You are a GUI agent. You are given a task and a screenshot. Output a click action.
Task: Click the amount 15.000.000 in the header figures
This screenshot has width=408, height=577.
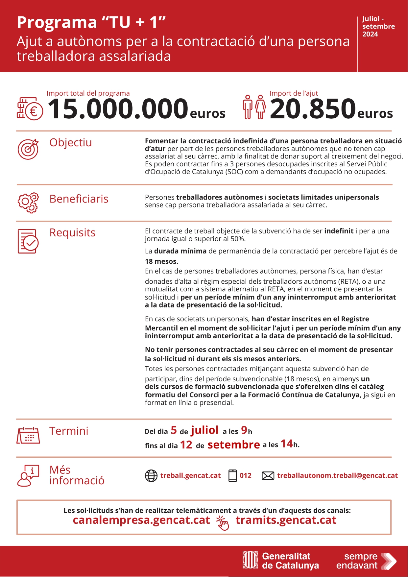click(118, 109)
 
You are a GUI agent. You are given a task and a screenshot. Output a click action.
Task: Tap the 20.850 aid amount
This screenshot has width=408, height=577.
click(313, 109)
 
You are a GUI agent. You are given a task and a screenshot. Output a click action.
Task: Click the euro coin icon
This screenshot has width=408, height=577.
click(30, 109)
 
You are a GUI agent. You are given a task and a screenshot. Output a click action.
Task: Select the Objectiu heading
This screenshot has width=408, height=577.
click(71, 143)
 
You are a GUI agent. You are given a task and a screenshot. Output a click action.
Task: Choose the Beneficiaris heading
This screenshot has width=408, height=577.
click(79, 199)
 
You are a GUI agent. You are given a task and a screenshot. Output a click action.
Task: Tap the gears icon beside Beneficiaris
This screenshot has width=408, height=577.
click(28, 203)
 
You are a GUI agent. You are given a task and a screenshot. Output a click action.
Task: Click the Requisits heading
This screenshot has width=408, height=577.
click(72, 233)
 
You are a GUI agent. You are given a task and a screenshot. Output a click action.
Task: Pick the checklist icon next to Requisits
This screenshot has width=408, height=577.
click(28, 241)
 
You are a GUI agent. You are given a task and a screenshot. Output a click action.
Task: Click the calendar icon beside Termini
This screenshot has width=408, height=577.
click(28, 435)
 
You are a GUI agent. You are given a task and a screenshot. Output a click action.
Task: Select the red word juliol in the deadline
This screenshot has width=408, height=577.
click(204, 430)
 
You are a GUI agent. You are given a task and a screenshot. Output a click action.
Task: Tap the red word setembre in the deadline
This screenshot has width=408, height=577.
click(234, 445)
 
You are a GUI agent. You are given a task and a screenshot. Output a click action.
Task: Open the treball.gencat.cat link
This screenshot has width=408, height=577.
click(190, 476)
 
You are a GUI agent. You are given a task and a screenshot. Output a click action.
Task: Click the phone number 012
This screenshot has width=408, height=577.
click(245, 476)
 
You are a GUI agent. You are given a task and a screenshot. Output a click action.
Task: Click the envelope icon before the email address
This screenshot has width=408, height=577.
click(268, 476)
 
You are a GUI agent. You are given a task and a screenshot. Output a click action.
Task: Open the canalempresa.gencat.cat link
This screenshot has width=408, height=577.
click(141, 520)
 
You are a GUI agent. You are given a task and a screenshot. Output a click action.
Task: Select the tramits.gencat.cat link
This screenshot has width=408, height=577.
click(286, 520)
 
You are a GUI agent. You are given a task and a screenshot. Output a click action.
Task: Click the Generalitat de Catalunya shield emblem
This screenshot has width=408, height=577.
click(250, 560)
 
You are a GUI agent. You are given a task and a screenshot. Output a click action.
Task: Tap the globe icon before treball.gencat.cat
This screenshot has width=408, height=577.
click(151, 476)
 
